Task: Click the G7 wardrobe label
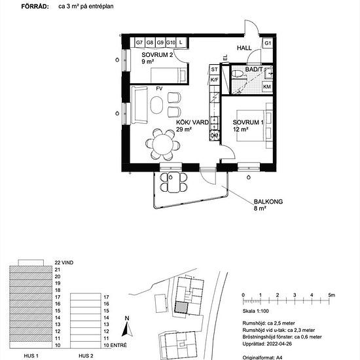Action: tap(139, 43)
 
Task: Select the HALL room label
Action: tap(244, 48)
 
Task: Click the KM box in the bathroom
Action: tap(267, 86)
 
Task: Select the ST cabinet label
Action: tap(214, 69)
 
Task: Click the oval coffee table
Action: tap(158, 105)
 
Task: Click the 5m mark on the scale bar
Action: tap(332, 295)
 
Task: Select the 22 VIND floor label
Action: tap(65, 261)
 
